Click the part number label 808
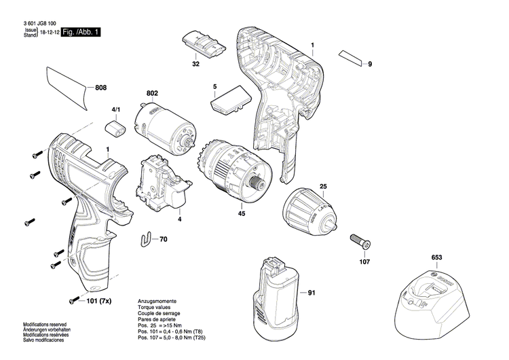(100, 88)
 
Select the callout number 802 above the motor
(153, 94)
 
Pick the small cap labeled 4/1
(115, 126)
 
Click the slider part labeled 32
(202, 44)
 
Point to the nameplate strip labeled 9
(352, 58)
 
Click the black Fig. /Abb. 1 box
(79, 33)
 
